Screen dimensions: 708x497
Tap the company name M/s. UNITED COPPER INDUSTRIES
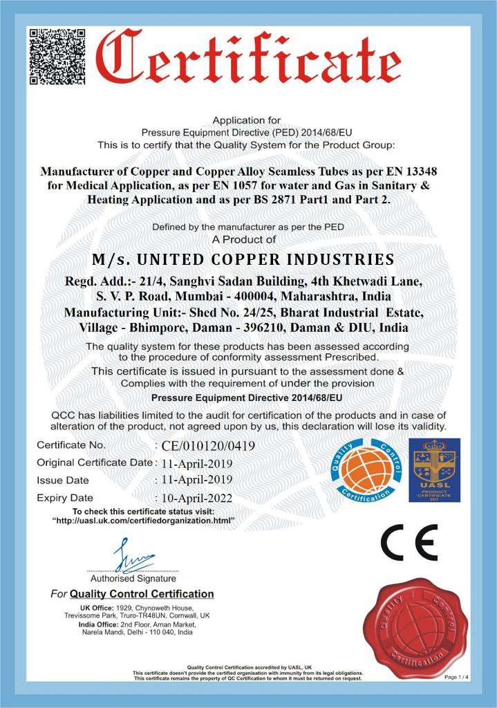[x=243, y=260]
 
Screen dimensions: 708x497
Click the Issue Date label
[x=63, y=480]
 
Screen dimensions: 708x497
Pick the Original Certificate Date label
[x=94, y=462]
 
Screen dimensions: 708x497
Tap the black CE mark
[x=409, y=543]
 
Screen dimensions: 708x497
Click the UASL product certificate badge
[x=433, y=469]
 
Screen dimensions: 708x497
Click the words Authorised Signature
[x=133, y=578]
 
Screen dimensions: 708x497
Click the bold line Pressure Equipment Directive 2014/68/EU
[x=246, y=398]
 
